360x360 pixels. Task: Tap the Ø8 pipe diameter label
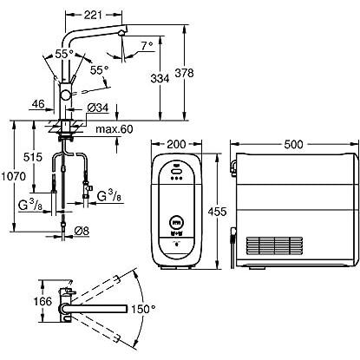tap(82, 231)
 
